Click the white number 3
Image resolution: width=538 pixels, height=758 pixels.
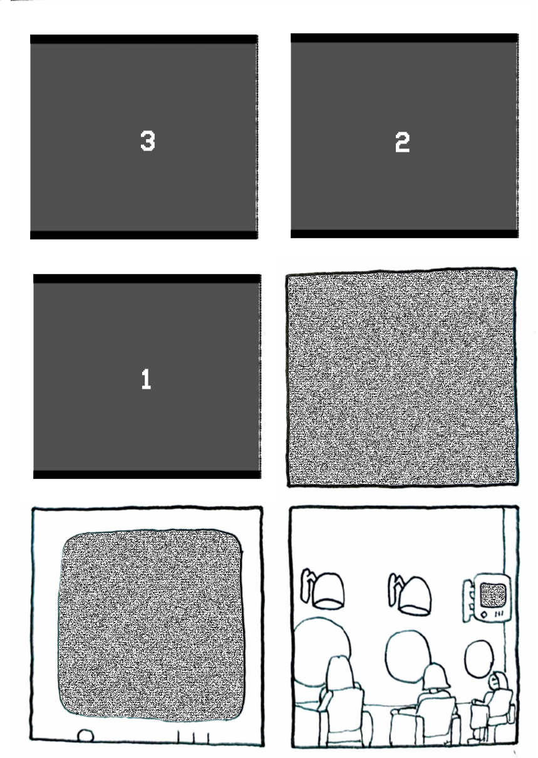click(148, 141)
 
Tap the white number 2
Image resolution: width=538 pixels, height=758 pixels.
click(402, 142)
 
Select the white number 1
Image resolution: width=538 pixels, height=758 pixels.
click(146, 379)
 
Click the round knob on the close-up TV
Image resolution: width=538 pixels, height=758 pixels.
click(85, 735)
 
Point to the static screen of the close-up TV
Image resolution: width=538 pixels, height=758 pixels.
click(152, 625)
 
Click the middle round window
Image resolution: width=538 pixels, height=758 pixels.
click(408, 655)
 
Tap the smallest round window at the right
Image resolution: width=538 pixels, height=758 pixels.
click(479, 658)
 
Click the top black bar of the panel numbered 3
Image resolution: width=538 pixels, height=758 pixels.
click(144, 39)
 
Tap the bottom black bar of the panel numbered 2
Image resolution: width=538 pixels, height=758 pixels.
click(404, 233)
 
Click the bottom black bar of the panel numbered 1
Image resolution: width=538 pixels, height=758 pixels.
click(147, 474)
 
